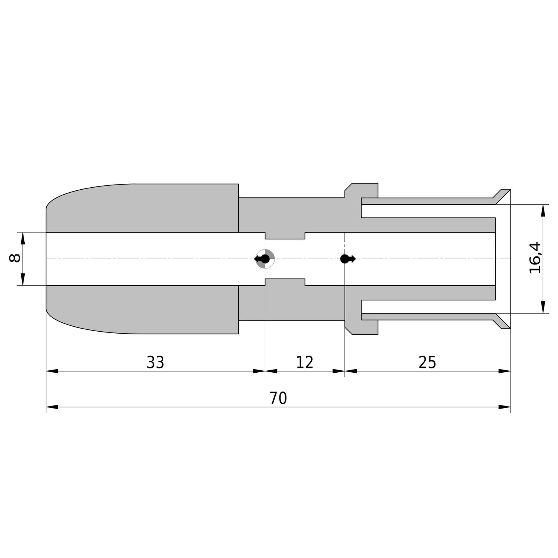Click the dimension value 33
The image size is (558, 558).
point(155,362)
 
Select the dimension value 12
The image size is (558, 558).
point(304,362)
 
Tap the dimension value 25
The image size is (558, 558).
point(427,362)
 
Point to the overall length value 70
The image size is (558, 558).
point(278,398)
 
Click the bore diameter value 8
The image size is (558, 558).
point(15,258)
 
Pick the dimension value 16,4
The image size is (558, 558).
point(534,258)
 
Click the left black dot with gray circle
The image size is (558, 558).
point(265,259)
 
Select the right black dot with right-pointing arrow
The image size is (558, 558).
point(348,259)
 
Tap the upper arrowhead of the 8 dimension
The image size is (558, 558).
point(23,238)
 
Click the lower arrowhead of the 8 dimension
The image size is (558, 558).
point(23,280)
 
